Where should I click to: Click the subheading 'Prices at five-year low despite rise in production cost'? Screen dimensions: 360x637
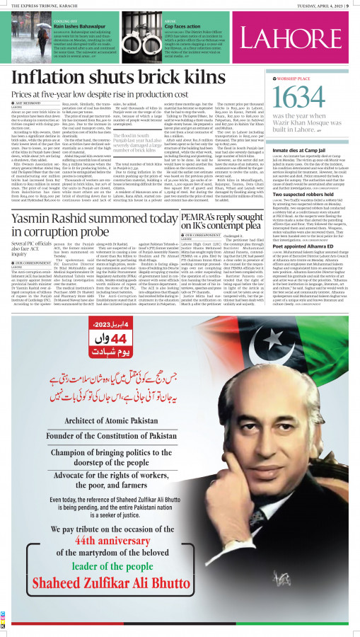(103, 94)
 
